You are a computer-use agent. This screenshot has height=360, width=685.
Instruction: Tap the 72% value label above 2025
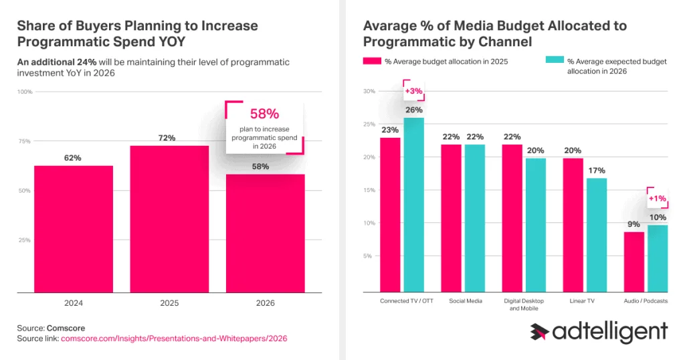[167, 138]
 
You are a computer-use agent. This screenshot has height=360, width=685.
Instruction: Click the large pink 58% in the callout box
[264, 114]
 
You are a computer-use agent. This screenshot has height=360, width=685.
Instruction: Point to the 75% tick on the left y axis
[24, 141]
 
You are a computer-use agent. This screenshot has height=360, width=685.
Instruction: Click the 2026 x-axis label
[266, 303]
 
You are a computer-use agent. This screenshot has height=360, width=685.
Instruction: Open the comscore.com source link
[174, 339]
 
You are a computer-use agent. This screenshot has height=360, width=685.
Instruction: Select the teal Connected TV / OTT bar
[414, 204]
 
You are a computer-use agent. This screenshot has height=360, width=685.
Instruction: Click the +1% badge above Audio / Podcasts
[657, 198]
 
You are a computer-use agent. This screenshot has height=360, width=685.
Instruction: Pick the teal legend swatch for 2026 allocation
[555, 62]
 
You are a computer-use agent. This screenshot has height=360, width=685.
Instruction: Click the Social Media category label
[466, 301]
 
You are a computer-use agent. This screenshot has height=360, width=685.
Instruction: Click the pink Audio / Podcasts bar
[634, 262]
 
